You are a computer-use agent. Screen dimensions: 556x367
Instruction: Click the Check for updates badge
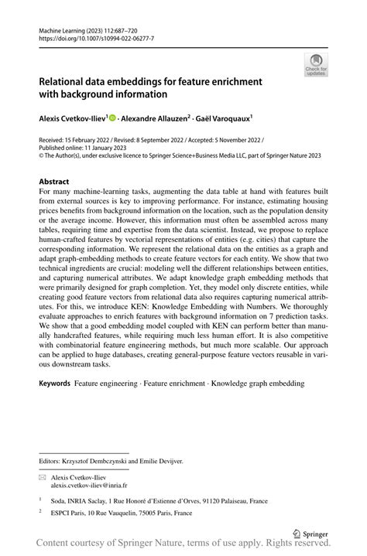[316, 65]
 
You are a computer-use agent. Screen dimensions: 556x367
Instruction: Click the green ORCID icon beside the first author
[113, 118]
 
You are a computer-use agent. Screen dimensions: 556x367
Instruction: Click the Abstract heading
[59, 182]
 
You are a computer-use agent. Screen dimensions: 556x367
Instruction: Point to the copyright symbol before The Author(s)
[42, 155]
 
